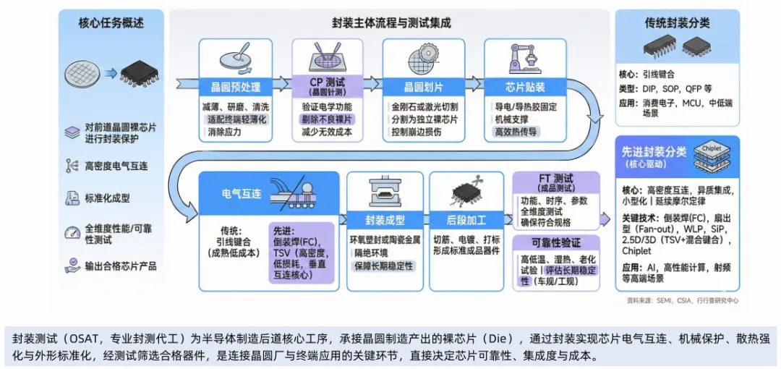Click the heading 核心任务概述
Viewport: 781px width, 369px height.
click(x=111, y=23)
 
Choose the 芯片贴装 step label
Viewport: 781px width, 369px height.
click(x=525, y=87)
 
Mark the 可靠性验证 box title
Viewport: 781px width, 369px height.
click(x=555, y=242)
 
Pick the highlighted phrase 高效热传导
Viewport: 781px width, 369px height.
click(x=516, y=131)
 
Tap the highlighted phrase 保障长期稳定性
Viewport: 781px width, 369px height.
click(x=383, y=266)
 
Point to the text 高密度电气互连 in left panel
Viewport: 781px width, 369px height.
click(x=116, y=166)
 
